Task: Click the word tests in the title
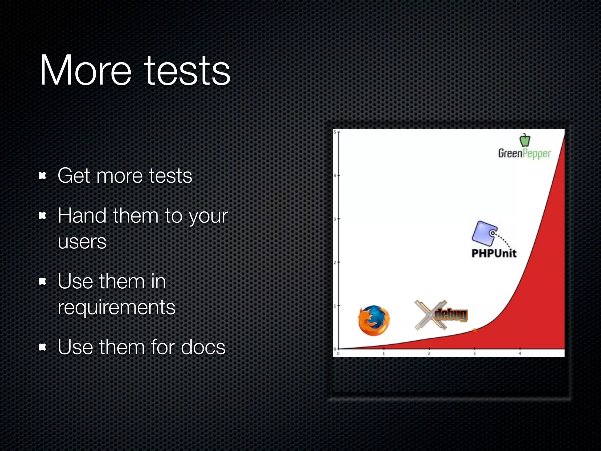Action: point(187,71)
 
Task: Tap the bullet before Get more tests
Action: point(43,176)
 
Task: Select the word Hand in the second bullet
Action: point(82,216)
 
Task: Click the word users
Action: point(82,242)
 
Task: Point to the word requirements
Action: point(117,308)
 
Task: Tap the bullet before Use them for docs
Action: point(43,347)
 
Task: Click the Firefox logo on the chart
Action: point(374,321)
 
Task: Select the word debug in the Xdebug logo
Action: point(451,315)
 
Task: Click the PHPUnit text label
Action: point(494,253)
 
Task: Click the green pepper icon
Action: point(525,140)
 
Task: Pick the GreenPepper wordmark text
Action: point(524,154)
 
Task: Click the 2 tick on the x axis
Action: point(429,353)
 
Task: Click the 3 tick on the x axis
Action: point(474,353)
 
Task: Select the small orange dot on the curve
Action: point(475,330)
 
